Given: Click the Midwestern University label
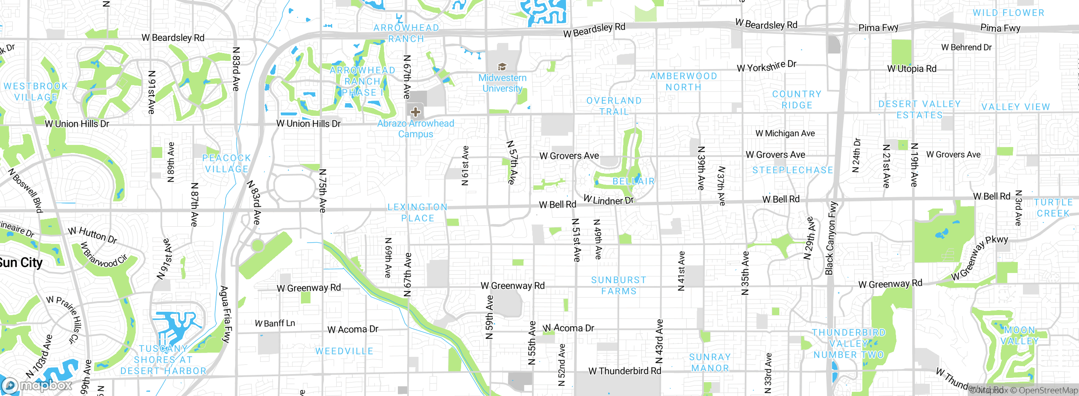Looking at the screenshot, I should pyautogui.click(x=502, y=83).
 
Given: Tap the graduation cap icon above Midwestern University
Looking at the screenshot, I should pyautogui.click(x=502, y=67).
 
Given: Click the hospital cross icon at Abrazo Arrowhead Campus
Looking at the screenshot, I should pyautogui.click(x=416, y=112).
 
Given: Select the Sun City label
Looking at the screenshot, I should pyautogui.click(x=21, y=262).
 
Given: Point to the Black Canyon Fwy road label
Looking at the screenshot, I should pyautogui.click(x=831, y=238).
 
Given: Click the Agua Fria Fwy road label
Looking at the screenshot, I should pyautogui.click(x=226, y=314).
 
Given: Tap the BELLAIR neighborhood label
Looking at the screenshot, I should pyautogui.click(x=633, y=181).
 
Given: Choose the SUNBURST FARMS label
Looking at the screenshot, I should pyautogui.click(x=618, y=285).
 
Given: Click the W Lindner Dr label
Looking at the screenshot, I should pyautogui.click(x=608, y=200).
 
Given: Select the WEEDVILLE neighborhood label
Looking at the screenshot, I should pyautogui.click(x=344, y=351).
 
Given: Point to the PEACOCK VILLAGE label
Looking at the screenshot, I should pyautogui.click(x=227, y=163).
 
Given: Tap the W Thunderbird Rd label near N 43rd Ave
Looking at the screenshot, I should pyautogui.click(x=625, y=371).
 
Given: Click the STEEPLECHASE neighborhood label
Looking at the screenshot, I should pyautogui.click(x=793, y=170).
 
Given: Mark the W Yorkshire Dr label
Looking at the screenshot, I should pyautogui.click(x=767, y=66).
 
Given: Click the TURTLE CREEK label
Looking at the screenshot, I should pyautogui.click(x=1053, y=208).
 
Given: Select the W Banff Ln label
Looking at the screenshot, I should pyautogui.click(x=275, y=323).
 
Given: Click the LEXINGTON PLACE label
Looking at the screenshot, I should pyautogui.click(x=417, y=212).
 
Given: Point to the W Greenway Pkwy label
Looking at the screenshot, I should pyautogui.click(x=980, y=257).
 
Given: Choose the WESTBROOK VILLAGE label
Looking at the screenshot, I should pyautogui.click(x=36, y=91).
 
